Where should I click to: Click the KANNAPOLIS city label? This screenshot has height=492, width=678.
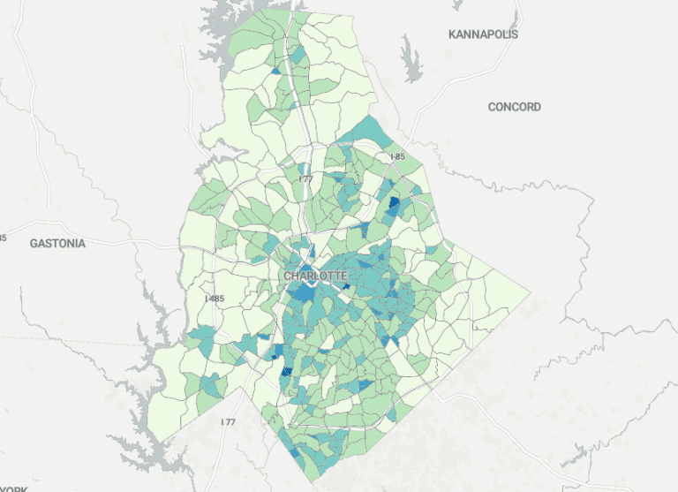483,34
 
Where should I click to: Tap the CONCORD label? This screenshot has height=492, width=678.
515,107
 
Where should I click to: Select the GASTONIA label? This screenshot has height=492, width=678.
57,243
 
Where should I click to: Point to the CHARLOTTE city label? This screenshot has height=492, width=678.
315,276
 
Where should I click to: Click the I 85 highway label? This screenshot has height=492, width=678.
397,157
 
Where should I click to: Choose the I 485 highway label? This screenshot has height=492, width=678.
215,299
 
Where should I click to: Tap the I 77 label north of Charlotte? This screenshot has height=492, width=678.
305,179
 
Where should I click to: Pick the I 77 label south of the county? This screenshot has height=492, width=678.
228,422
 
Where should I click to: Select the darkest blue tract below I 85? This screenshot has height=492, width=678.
394,207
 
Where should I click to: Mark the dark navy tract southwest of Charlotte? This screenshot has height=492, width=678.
285,372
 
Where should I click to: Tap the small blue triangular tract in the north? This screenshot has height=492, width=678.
276,70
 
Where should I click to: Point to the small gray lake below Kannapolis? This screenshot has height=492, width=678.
411,59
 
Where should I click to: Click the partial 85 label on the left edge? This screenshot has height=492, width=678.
3,238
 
